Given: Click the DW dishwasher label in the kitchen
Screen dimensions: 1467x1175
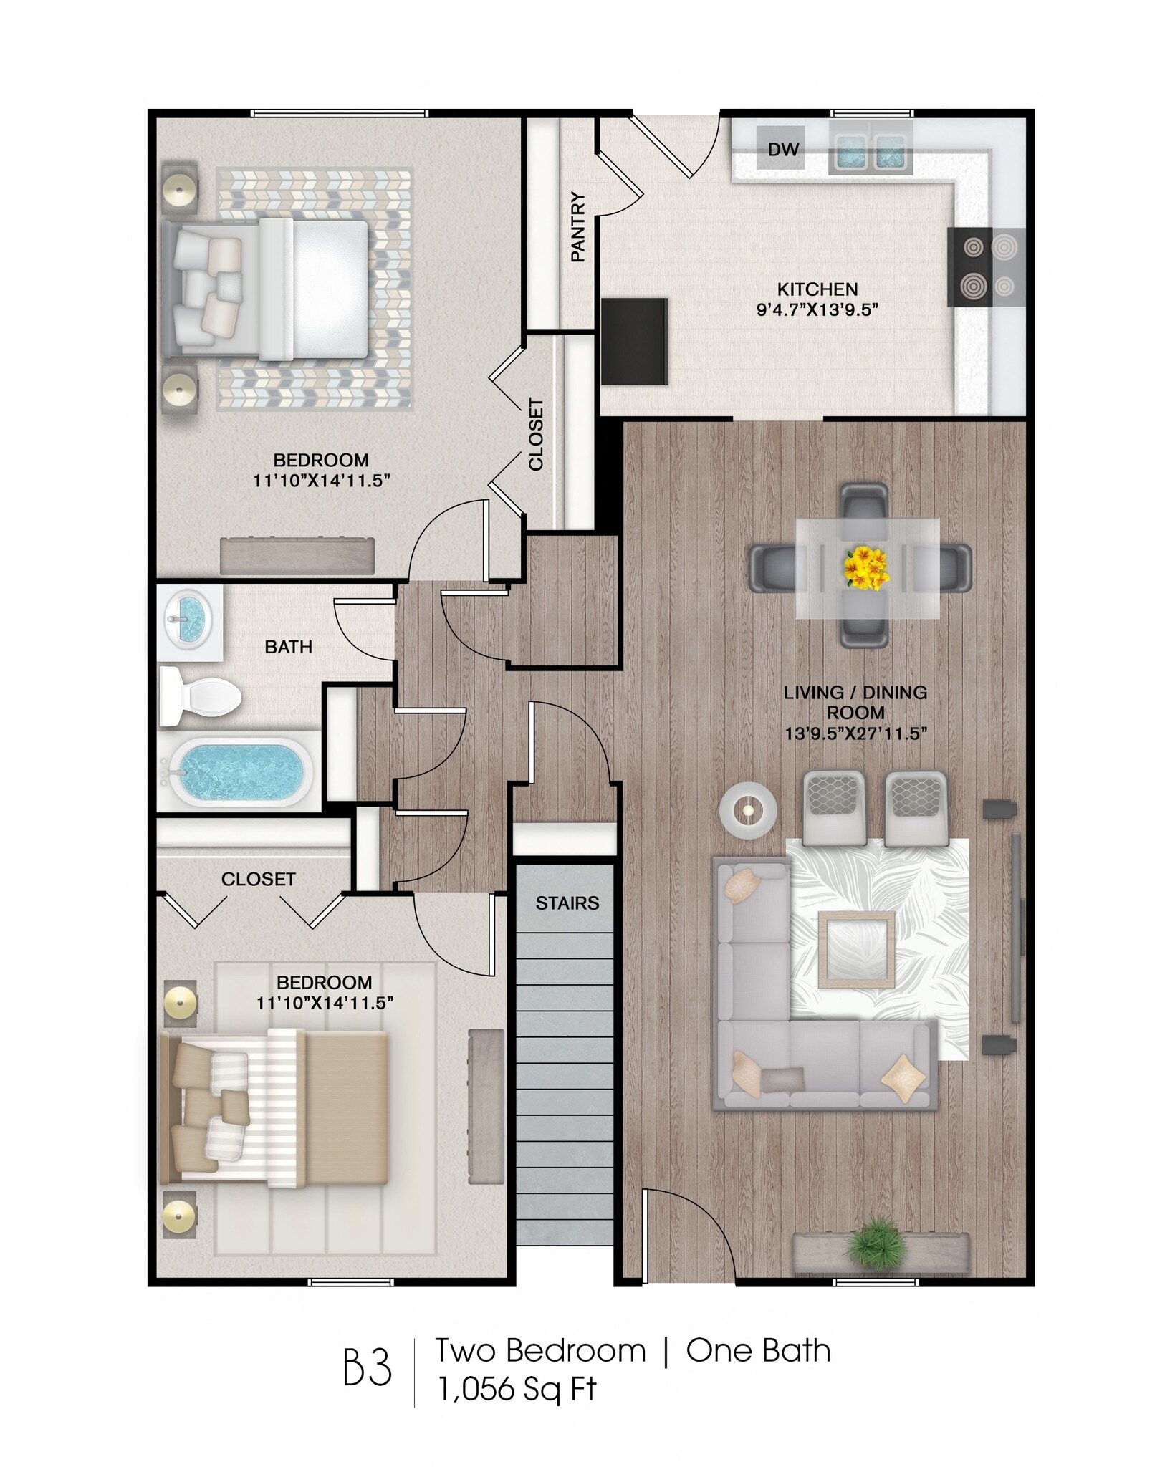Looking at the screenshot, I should click(782, 149).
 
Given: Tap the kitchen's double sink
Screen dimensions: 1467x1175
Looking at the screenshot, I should click(871, 153).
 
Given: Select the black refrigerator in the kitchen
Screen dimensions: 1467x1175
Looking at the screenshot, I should click(634, 341).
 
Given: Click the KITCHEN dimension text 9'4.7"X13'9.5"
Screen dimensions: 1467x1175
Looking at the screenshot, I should click(817, 309).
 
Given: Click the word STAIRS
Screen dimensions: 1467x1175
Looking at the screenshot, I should click(567, 903).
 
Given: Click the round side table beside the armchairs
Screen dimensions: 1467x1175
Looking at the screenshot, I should click(748, 809).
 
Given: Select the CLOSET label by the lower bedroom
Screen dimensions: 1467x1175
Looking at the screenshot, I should click(258, 879).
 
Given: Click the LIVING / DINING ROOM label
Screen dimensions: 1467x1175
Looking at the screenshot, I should click(855, 702).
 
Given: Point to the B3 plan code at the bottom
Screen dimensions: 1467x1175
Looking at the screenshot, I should click(368, 1368).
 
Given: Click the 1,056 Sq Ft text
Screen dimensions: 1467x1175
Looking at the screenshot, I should click(517, 1390).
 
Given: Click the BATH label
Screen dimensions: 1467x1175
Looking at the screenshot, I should click(288, 647).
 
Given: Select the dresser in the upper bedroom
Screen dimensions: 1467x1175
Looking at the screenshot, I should click(297, 555).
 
